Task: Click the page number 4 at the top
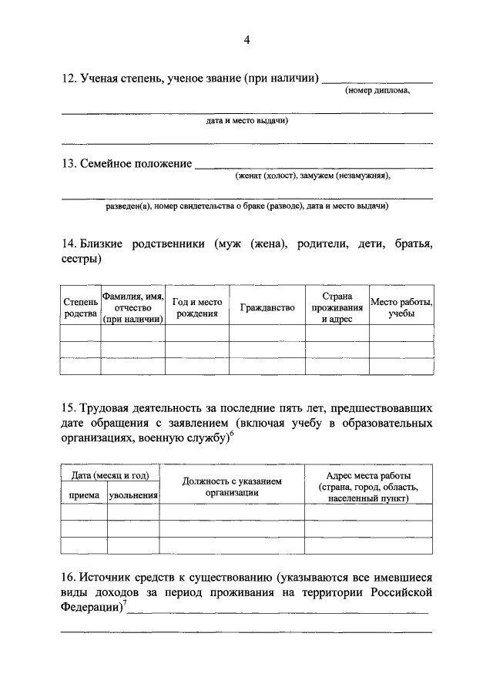coord(246,40)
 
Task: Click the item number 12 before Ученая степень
coord(68,79)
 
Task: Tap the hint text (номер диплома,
coord(377,91)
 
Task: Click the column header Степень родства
coord(80,308)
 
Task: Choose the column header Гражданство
coord(267,308)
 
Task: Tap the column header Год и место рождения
coord(196,308)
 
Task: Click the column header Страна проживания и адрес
coord(337,308)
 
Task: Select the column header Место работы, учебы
coord(401,308)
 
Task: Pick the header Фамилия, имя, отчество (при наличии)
coord(133,308)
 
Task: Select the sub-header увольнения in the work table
coord(132,495)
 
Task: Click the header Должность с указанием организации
coord(231,487)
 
